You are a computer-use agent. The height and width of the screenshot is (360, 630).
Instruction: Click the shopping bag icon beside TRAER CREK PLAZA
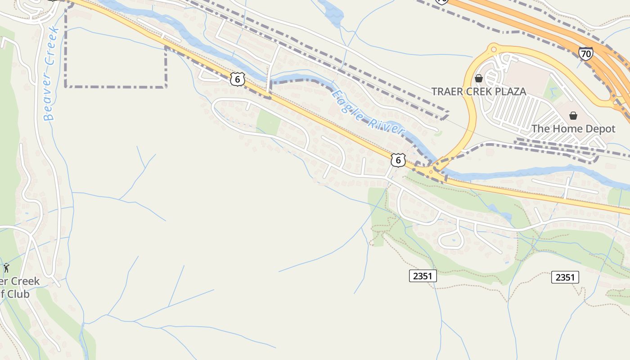479,78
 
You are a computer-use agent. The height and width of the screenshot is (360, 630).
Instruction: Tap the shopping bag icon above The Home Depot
573,116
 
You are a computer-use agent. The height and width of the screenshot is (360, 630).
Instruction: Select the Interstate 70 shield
585,54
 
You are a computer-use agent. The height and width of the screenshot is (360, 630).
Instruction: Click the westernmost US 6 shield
238,79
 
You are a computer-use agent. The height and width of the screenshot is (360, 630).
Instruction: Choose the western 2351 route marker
423,276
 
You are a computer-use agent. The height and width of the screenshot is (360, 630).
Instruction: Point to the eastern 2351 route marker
565,277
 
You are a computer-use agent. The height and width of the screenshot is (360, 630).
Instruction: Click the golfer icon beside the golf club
6,268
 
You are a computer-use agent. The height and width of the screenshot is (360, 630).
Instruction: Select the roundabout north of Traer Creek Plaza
494,49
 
